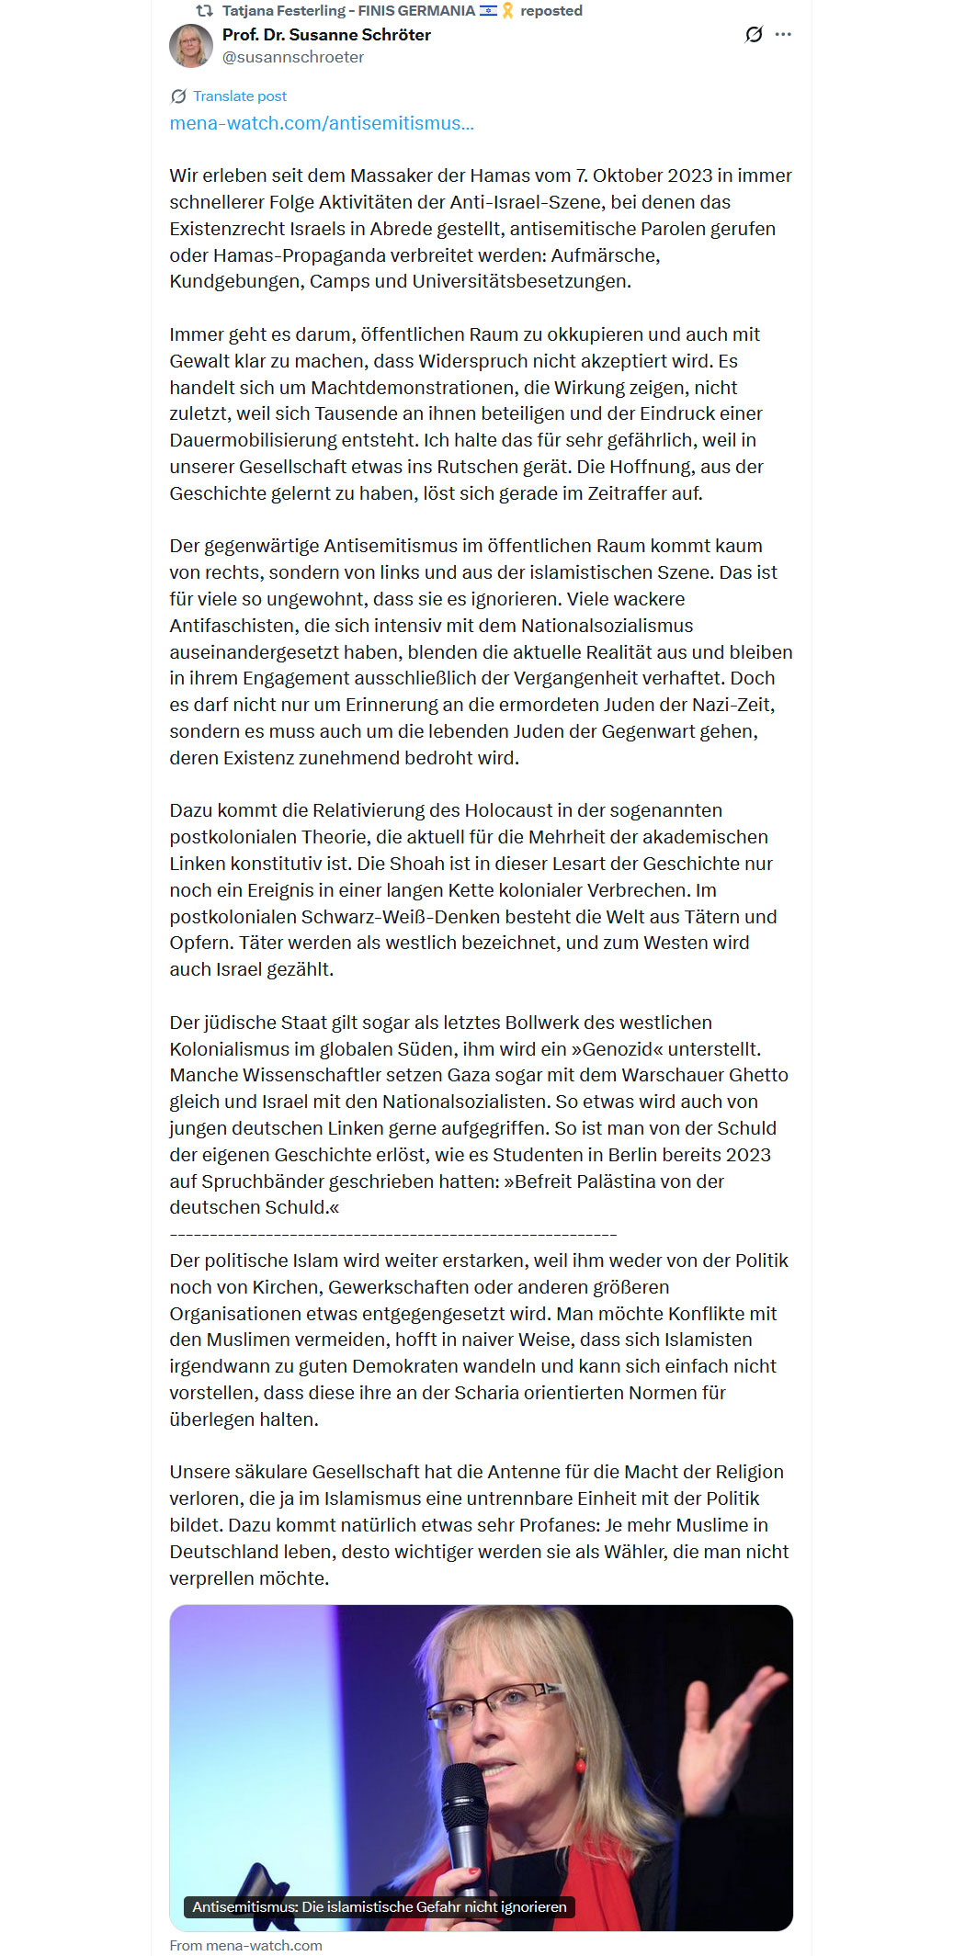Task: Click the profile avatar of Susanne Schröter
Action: coord(191,46)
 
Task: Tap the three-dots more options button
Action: coord(783,35)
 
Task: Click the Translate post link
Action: coord(239,96)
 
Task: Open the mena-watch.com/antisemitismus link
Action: coord(322,123)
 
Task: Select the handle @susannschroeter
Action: coord(293,57)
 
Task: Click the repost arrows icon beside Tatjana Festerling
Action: coord(204,11)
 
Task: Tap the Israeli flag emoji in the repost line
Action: coord(488,11)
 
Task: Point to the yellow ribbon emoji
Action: coord(507,11)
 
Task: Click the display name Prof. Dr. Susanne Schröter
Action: coord(326,35)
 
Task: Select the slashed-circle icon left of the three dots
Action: coord(754,35)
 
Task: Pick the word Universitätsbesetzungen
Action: coord(521,281)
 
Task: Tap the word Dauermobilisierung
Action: coord(262,440)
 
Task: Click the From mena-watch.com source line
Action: coord(246,1945)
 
